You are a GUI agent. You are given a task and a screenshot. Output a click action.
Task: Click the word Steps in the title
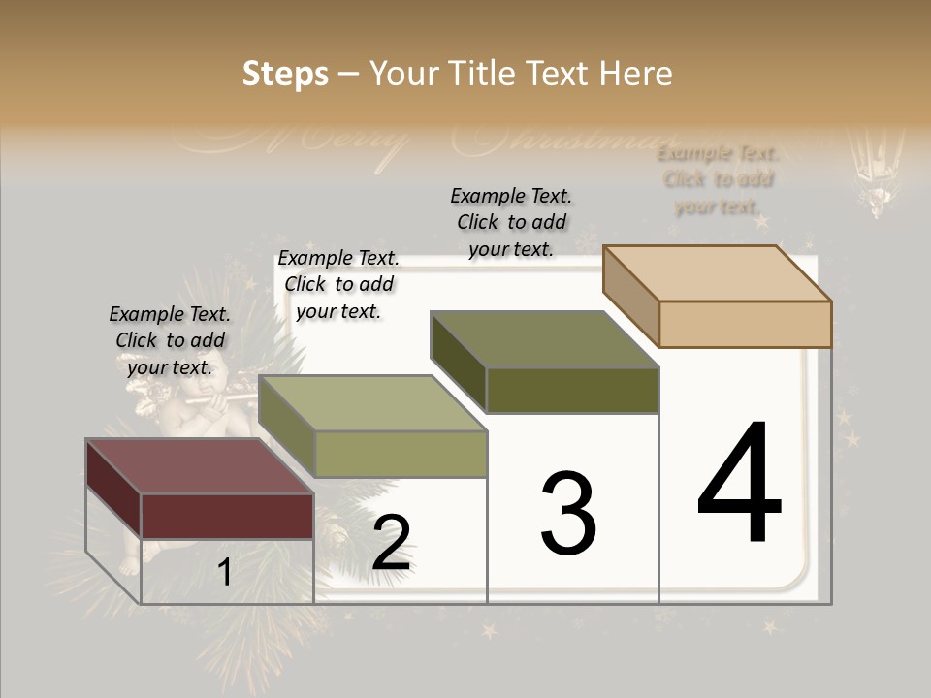click(x=285, y=74)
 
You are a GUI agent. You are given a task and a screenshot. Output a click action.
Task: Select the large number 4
click(x=739, y=484)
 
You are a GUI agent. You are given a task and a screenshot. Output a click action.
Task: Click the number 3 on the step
click(x=568, y=514)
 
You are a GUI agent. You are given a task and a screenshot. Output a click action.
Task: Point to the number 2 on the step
click(x=391, y=543)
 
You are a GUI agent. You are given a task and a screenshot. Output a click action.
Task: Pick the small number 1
click(x=225, y=573)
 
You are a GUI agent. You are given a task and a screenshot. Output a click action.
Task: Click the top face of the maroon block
click(x=200, y=466)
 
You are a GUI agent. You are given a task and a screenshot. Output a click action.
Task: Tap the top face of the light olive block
click(x=372, y=403)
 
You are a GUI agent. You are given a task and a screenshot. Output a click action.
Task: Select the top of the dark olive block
click(x=545, y=339)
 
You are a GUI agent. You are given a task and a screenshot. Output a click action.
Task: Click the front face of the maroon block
click(x=227, y=516)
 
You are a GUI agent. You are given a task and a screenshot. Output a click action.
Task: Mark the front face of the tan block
click(x=745, y=324)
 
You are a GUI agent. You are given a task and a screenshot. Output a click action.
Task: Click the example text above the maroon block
click(x=170, y=340)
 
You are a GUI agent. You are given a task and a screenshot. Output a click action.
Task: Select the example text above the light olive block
click(x=338, y=284)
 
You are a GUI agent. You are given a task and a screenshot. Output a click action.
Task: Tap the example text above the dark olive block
click(x=511, y=222)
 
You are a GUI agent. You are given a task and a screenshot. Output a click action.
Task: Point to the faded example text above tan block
click(x=718, y=179)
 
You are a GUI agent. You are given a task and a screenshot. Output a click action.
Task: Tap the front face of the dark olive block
click(x=572, y=391)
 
